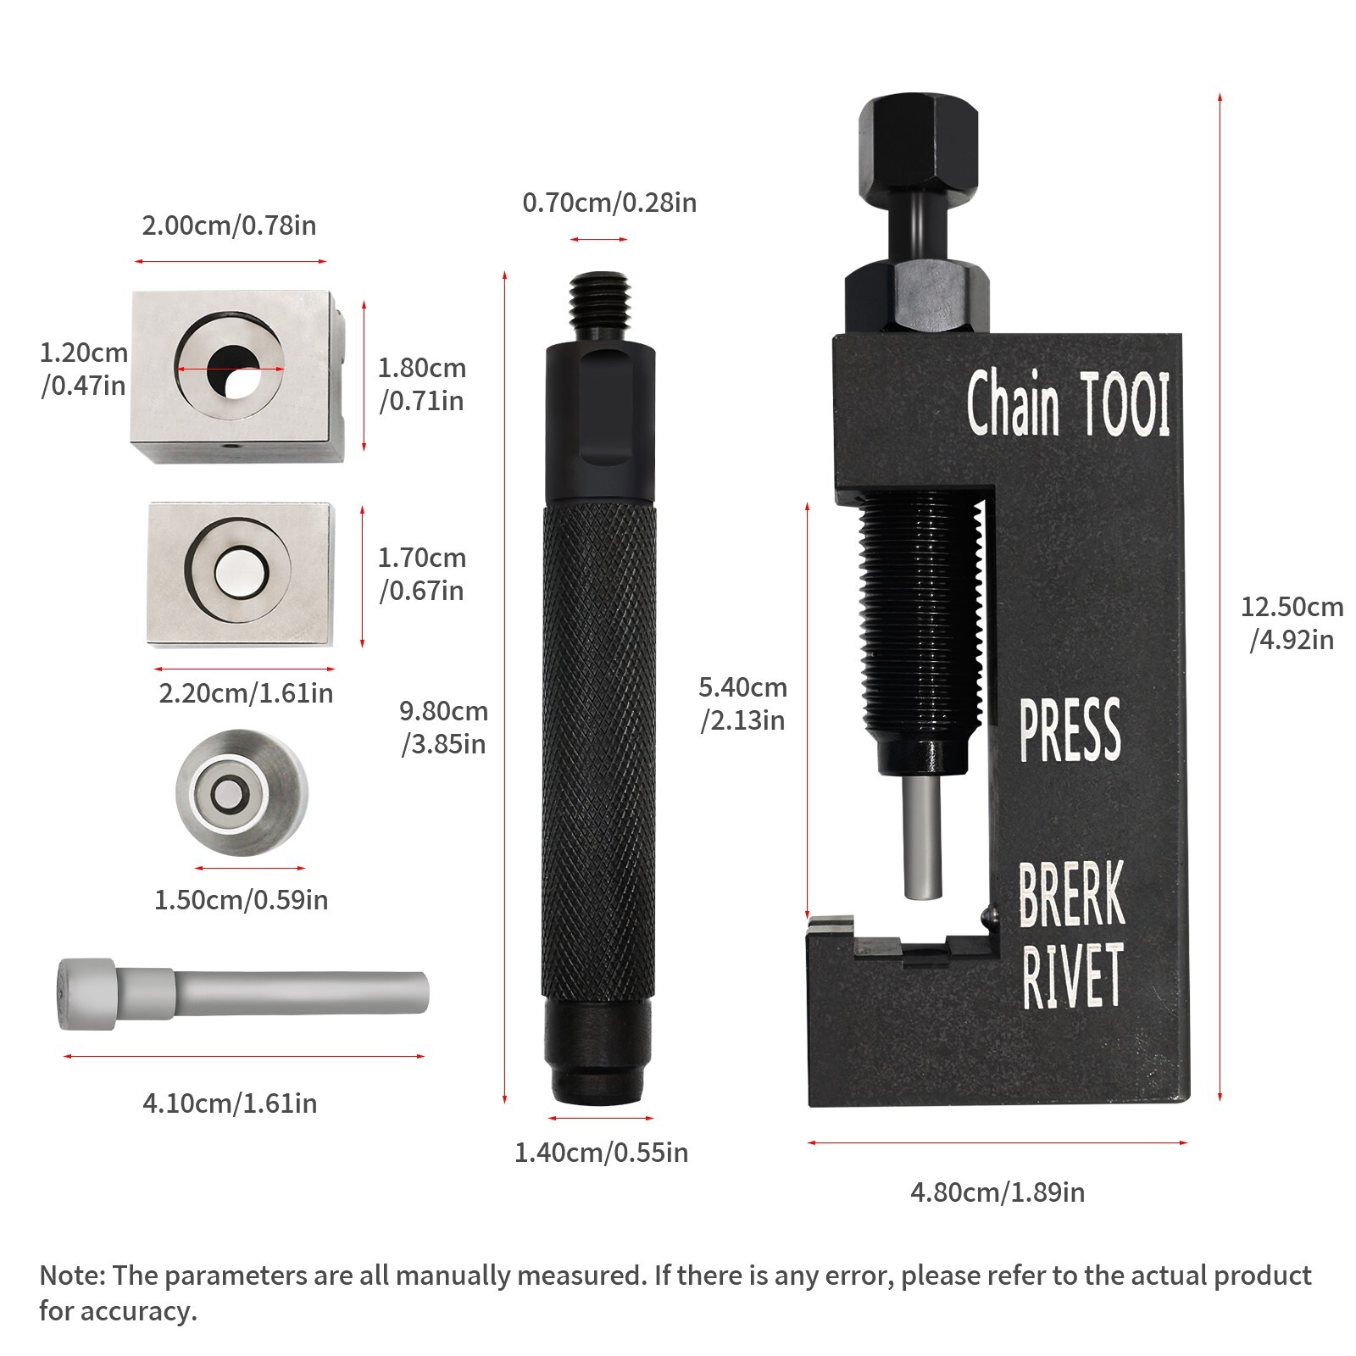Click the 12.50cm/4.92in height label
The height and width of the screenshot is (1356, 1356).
point(1292,623)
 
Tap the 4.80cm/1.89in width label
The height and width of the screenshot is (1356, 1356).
point(998,1192)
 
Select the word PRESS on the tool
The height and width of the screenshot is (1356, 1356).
point(1070,730)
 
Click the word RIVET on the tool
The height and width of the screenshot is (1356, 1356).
point(1073,976)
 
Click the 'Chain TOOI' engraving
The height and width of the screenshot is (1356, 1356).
point(1068,404)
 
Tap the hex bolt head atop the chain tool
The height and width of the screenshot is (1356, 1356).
point(918,135)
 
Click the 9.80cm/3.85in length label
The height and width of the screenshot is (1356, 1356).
point(443,727)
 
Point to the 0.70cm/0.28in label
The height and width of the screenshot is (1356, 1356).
point(609,203)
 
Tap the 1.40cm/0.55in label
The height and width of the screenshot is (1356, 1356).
point(602,1153)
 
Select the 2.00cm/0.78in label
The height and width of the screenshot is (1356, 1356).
point(229,225)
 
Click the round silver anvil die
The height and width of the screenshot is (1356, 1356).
point(242,792)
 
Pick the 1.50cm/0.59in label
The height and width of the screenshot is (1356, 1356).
point(241,899)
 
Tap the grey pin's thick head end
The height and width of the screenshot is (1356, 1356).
point(86,994)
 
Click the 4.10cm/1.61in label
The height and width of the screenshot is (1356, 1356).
point(230,1103)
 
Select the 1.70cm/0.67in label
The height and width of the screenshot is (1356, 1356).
point(421,574)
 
